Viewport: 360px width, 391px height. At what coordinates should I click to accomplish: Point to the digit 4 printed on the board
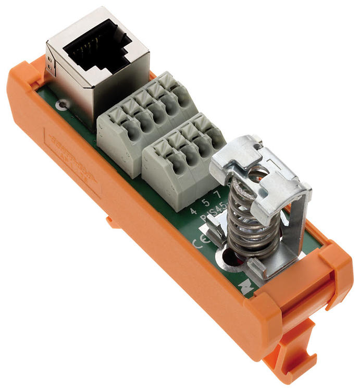click(x=193, y=211)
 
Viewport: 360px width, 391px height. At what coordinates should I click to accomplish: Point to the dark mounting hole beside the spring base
click(x=230, y=259)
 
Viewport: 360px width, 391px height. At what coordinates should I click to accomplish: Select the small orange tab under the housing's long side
click(x=111, y=222)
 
